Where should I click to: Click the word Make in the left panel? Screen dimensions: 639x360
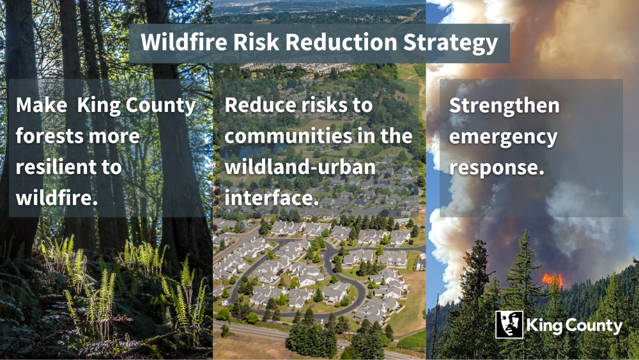click(x=41, y=106)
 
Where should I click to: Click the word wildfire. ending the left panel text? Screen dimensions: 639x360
click(x=57, y=198)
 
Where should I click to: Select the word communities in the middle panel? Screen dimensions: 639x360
click(x=286, y=136)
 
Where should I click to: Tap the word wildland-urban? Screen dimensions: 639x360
click(x=300, y=167)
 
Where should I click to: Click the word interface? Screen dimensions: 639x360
click(x=272, y=198)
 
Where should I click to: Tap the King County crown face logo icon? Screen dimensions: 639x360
click(x=509, y=325)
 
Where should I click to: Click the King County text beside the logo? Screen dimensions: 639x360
click(x=574, y=326)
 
